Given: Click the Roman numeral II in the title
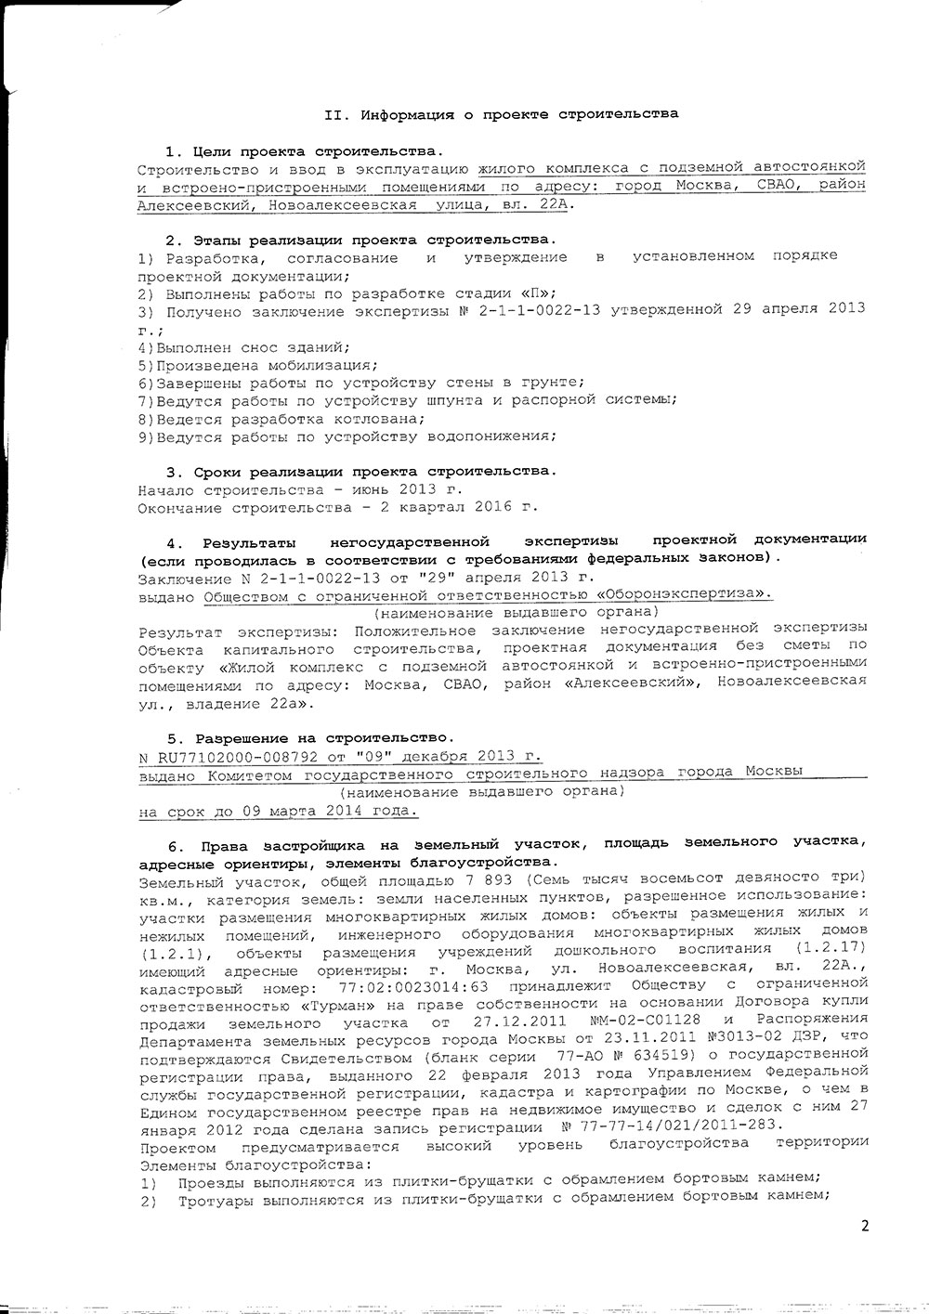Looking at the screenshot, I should click(334, 114).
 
